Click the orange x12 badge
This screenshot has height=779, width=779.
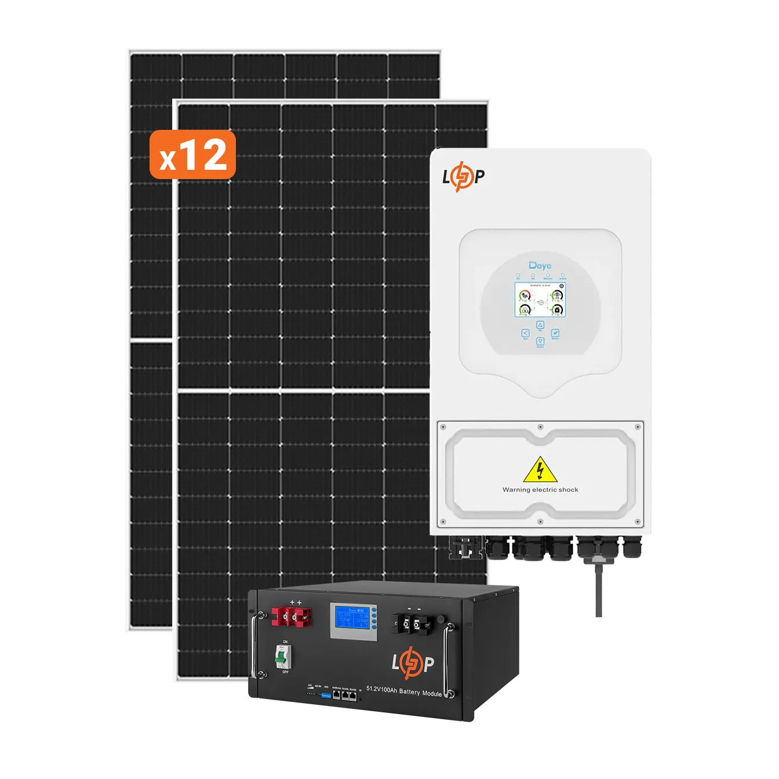(x=192, y=155)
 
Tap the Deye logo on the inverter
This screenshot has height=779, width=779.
(x=540, y=266)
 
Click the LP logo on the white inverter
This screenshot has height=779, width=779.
(x=463, y=177)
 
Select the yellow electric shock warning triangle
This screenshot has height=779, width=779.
(x=540, y=470)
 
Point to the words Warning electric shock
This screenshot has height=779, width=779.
(x=540, y=490)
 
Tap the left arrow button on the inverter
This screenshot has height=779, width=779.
(x=525, y=333)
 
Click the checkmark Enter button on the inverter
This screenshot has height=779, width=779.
(x=555, y=333)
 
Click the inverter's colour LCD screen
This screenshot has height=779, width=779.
(x=540, y=301)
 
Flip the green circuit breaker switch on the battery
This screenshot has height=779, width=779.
(x=282, y=656)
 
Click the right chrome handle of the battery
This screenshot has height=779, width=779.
(x=448, y=661)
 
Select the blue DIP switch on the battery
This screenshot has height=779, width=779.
(x=325, y=694)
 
